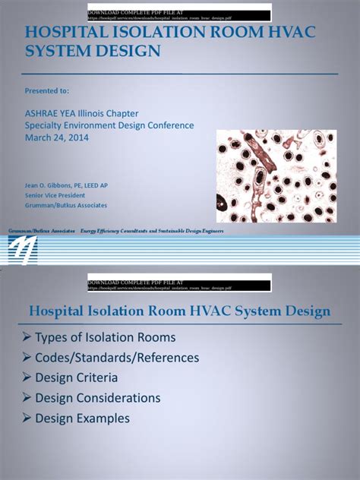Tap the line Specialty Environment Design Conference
tap(109, 125)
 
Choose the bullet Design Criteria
tap(76, 377)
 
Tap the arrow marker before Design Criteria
tap(27, 377)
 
